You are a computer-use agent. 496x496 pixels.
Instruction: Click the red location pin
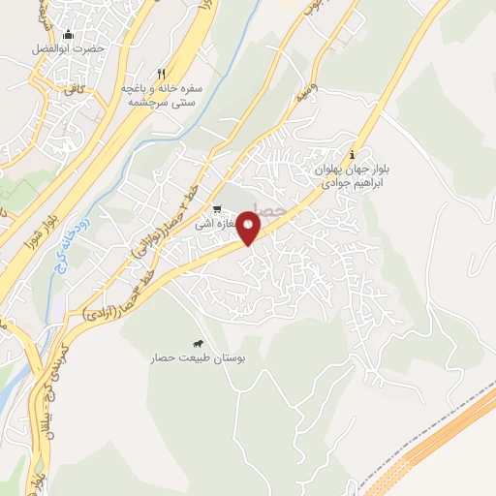[250, 228]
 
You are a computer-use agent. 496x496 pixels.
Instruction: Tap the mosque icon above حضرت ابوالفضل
[66, 35]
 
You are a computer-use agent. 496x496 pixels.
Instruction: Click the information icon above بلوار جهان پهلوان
[353, 154]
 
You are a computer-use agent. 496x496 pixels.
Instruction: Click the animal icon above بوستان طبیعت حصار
[198, 344]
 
